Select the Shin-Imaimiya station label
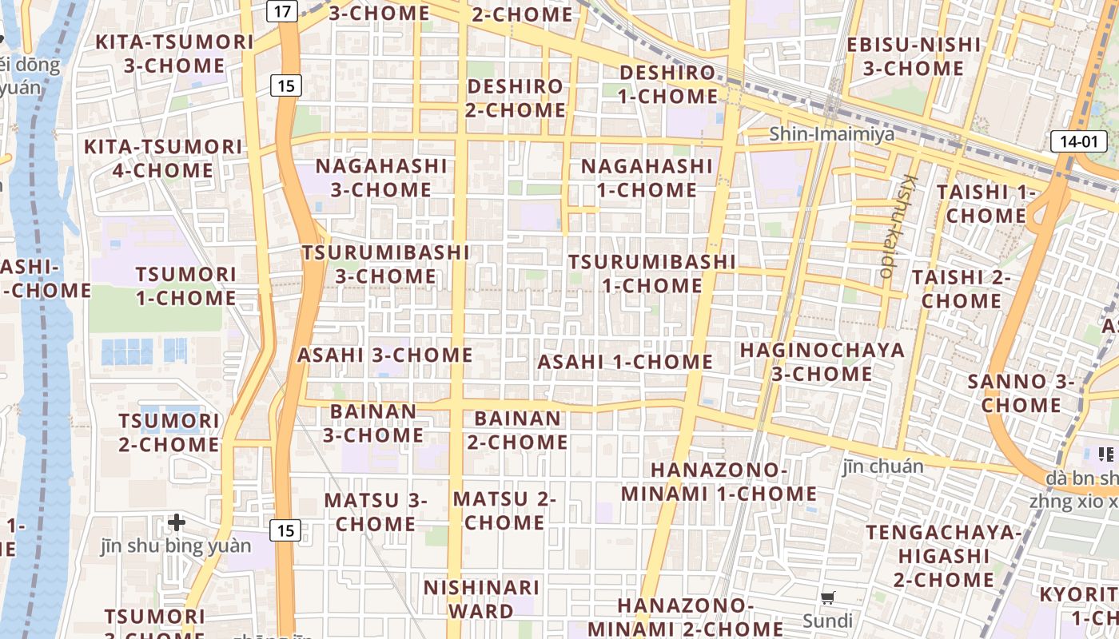pyautogui.click(x=832, y=134)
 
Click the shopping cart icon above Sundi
pyautogui.click(x=828, y=597)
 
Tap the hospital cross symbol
pyautogui.click(x=177, y=523)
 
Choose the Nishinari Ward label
pyautogui.click(x=481, y=599)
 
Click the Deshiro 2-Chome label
pyautogui.click(x=516, y=97)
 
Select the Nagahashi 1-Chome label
pyautogui.click(x=647, y=178)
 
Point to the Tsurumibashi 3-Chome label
pyautogui.click(x=386, y=264)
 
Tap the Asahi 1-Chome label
pyautogui.click(x=625, y=362)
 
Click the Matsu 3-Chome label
pyautogui.click(x=376, y=512)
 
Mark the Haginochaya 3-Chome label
pyautogui.click(x=822, y=362)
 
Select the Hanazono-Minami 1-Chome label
pyautogui.click(x=719, y=482)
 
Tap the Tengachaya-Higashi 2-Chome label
pyautogui.click(x=944, y=555)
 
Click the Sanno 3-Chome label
pyautogui.click(x=1021, y=393)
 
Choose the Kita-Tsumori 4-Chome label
pyautogui.click(x=163, y=158)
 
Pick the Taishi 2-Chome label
pyautogui.click(x=962, y=289)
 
